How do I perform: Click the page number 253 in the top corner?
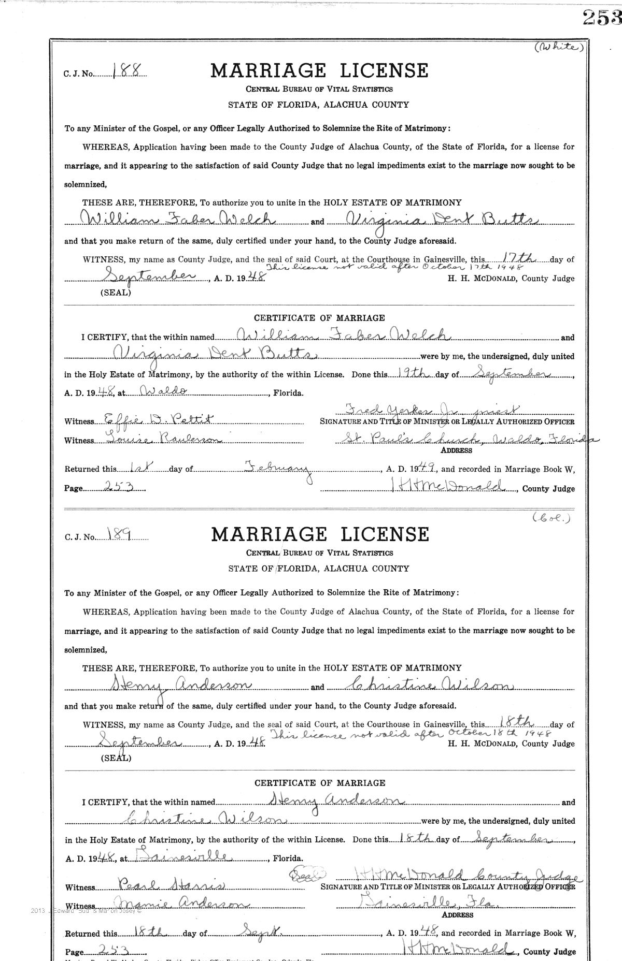pos(601,18)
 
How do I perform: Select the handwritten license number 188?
pos(121,72)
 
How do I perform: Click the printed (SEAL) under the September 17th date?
pos(115,293)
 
